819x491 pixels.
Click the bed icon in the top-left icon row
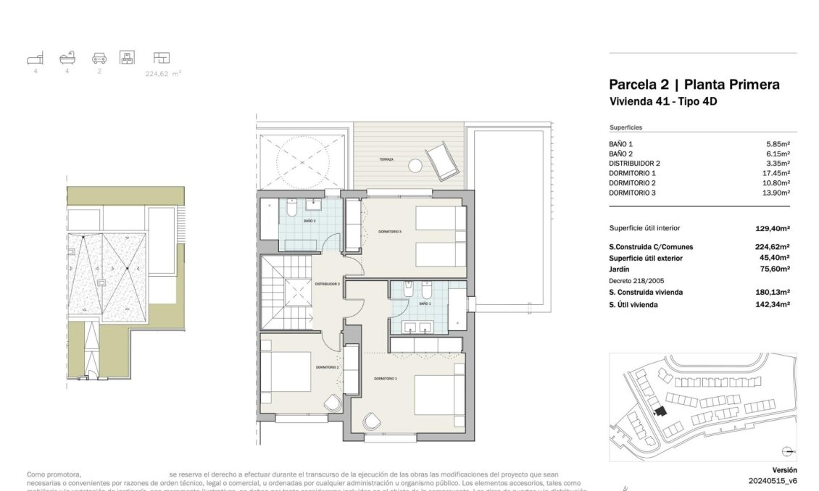point(36,57)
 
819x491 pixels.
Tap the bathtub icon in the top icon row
point(67,57)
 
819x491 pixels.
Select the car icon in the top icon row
point(99,58)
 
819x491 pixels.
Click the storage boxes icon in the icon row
point(128,57)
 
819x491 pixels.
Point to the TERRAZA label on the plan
point(386,159)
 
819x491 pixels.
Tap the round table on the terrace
point(414,165)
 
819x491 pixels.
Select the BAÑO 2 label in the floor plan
point(309,221)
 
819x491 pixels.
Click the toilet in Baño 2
point(288,209)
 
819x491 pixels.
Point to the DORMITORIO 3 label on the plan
point(389,232)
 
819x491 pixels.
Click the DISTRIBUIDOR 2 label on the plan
point(327,285)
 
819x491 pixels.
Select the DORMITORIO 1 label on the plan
point(385,379)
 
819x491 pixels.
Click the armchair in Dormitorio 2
point(332,403)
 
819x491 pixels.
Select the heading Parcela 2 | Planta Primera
point(694,85)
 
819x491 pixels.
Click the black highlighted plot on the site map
point(659,411)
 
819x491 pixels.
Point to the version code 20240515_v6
point(773,480)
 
